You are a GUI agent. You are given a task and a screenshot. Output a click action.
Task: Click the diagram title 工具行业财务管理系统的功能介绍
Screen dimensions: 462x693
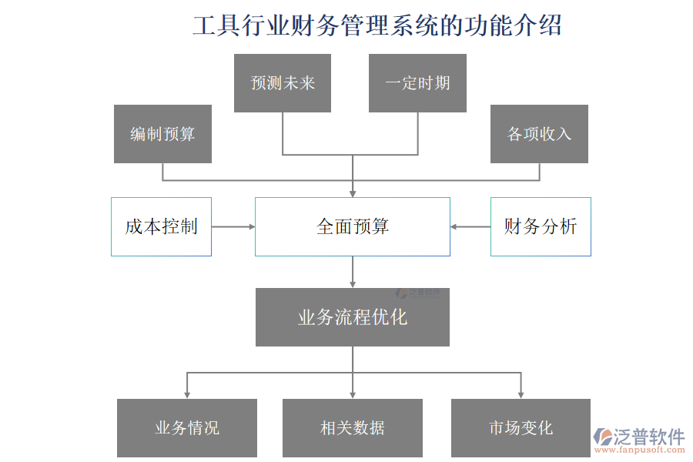tap(377, 25)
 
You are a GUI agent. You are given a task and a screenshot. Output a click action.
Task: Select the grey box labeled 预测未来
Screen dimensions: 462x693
tap(283, 83)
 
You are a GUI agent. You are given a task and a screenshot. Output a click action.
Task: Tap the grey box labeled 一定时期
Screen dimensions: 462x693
tap(417, 83)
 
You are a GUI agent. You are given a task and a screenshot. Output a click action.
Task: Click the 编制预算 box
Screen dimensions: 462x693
tap(162, 134)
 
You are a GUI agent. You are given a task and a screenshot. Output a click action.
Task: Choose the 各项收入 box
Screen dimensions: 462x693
tap(539, 134)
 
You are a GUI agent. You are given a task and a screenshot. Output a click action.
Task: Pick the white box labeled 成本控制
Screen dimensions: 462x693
tap(161, 226)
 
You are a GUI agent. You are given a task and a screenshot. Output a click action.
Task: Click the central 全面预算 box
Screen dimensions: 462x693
tap(353, 226)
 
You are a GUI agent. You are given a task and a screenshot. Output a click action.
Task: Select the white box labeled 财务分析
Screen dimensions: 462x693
tap(541, 226)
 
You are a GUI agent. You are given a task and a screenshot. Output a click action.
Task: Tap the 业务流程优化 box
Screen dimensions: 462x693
tap(353, 317)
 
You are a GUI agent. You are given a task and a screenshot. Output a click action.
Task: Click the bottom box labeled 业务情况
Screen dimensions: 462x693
tap(187, 428)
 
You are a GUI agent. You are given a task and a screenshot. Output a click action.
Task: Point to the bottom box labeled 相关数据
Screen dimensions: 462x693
tap(353, 428)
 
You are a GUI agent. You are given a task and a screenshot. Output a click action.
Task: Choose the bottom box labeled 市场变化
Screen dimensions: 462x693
tap(521, 428)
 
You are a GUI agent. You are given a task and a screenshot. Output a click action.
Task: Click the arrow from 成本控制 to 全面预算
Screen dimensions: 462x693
tap(233, 226)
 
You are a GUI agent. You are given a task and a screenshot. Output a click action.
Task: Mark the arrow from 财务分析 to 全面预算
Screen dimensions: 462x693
tap(470, 226)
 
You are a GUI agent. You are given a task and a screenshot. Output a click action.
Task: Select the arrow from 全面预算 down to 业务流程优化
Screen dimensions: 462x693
tap(353, 272)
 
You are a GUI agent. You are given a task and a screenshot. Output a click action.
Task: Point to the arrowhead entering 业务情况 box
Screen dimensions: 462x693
tap(187, 393)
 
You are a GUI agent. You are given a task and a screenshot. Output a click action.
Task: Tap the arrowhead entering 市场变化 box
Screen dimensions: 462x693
tap(521, 393)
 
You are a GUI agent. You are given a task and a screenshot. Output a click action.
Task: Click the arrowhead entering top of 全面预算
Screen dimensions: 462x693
tap(353, 192)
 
